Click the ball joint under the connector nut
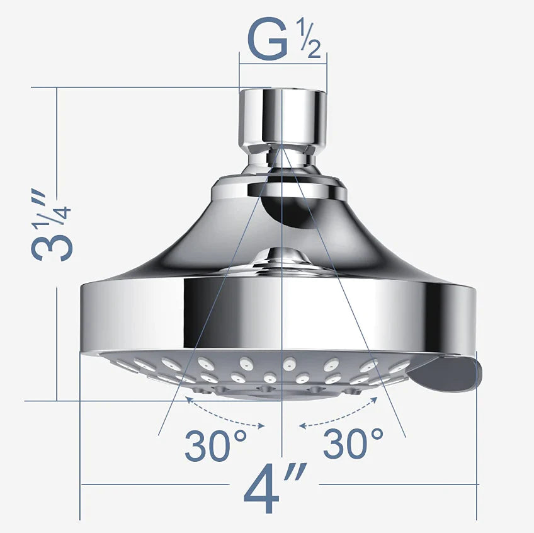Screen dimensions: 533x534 click(282, 158)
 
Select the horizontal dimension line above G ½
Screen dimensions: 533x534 click(283, 62)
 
